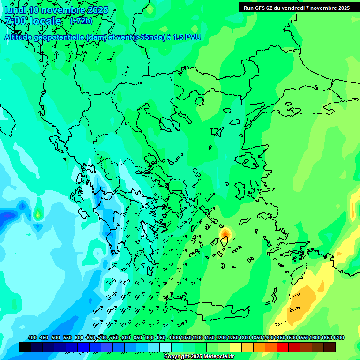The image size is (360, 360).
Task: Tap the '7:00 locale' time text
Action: [x=33, y=21]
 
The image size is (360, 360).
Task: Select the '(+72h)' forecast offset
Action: [x=81, y=21]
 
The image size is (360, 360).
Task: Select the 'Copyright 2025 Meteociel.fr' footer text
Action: [x=199, y=357]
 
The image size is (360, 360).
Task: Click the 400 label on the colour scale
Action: [x=32, y=338]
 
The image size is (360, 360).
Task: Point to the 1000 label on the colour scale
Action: [x=174, y=338]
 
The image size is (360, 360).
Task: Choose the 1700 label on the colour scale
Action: [x=338, y=338]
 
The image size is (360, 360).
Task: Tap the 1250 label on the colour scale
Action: [x=233, y=338]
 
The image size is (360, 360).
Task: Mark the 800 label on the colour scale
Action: [x=126, y=338]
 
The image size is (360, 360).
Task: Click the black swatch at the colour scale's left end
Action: [x=25, y=347]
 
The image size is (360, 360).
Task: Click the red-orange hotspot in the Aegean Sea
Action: [x=225, y=232]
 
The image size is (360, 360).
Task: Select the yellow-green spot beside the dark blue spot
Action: [x=38, y=215]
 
